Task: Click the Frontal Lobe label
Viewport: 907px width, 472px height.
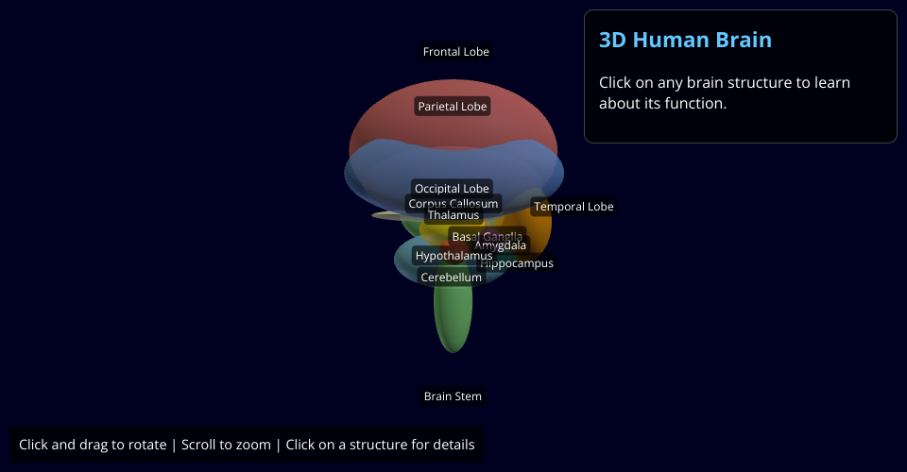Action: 455,52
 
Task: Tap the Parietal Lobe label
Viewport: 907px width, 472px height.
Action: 453,107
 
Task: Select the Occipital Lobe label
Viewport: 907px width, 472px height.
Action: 452,189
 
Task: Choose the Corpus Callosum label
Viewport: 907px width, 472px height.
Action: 453,204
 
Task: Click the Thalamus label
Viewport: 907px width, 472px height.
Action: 453,215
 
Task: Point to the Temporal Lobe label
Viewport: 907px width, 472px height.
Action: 573,207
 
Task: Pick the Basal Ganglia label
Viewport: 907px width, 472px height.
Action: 487,237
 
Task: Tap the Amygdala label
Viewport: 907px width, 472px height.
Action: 501,246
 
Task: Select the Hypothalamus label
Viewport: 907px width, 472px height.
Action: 453,256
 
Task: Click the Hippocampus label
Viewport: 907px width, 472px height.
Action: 517,264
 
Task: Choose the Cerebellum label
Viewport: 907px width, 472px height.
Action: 451,278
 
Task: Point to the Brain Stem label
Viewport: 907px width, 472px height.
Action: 453,396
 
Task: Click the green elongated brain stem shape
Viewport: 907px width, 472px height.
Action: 453,321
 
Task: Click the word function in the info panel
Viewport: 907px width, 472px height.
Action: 693,103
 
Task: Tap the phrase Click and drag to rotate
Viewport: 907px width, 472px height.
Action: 93,445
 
